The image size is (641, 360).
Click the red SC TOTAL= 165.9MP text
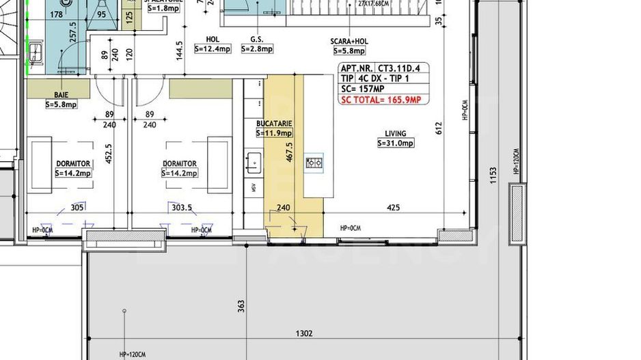pyautogui.click(x=381, y=100)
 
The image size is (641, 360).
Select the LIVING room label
pyautogui.click(x=395, y=134)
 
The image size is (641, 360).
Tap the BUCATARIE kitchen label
pyautogui.click(x=274, y=124)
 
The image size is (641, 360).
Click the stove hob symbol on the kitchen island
pyautogui.click(x=314, y=163)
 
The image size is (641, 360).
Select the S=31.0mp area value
pyautogui.click(x=395, y=143)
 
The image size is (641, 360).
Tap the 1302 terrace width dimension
pyautogui.click(x=305, y=333)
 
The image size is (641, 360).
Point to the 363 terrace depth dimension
pyautogui.click(x=241, y=305)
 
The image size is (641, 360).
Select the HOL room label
pyautogui.click(x=212, y=40)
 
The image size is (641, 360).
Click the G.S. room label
pyautogui.click(x=257, y=40)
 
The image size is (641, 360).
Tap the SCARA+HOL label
pyautogui.click(x=349, y=41)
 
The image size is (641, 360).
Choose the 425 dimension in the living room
pyautogui.click(x=393, y=208)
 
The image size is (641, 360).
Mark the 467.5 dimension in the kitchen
pyautogui.click(x=290, y=152)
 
